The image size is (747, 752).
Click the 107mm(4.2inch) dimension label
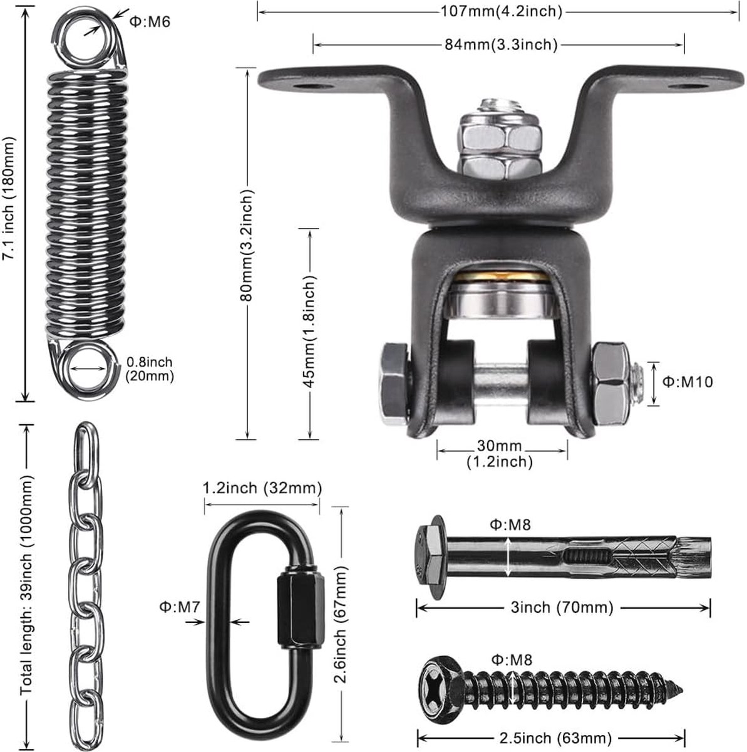(502, 12)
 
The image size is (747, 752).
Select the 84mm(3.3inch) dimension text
(502, 45)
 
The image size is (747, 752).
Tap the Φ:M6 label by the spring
(150, 22)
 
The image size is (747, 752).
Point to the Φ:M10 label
(688, 382)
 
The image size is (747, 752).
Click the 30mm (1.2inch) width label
(500, 454)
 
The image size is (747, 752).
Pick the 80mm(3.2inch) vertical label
(247, 245)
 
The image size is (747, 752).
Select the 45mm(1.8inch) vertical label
(309, 332)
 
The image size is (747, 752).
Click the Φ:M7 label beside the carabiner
(180, 607)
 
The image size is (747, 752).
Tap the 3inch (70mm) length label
(562, 607)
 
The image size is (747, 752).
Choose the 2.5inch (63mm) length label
(555, 738)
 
